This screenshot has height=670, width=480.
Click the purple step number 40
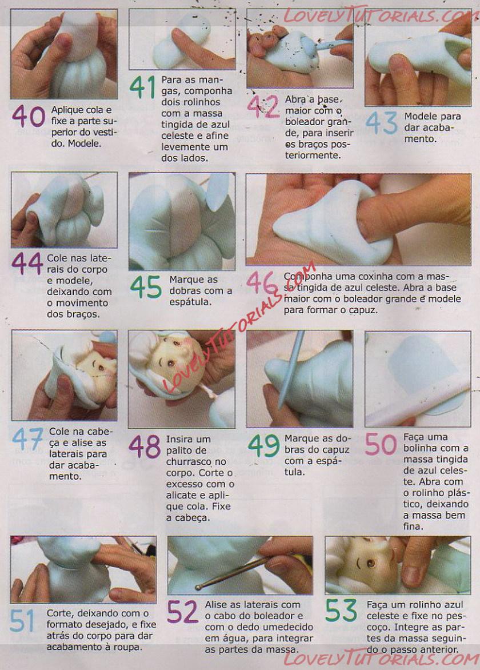(x=29, y=116)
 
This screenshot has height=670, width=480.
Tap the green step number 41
(x=142, y=87)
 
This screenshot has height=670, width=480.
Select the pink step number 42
(x=263, y=107)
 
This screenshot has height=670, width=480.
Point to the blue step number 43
(x=381, y=123)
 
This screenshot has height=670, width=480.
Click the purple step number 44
(x=27, y=263)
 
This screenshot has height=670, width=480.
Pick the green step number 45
(x=146, y=287)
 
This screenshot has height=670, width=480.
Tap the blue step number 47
(x=28, y=440)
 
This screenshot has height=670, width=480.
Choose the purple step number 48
(x=145, y=446)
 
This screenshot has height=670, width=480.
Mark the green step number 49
(x=264, y=446)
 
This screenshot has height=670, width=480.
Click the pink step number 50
(x=381, y=444)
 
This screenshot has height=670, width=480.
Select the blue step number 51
(x=22, y=621)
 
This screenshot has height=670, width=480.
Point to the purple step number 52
(x=182, y=612)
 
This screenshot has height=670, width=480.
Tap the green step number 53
(x=341, y=610)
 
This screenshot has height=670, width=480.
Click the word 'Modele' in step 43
(x=421, y=116)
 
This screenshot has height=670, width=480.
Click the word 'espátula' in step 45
(x=190, y=302)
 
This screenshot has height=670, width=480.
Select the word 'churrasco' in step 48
(x=189, y=461)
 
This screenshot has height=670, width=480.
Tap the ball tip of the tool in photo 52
(x=198, y=588)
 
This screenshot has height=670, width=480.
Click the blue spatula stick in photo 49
(x=291, y=370)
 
